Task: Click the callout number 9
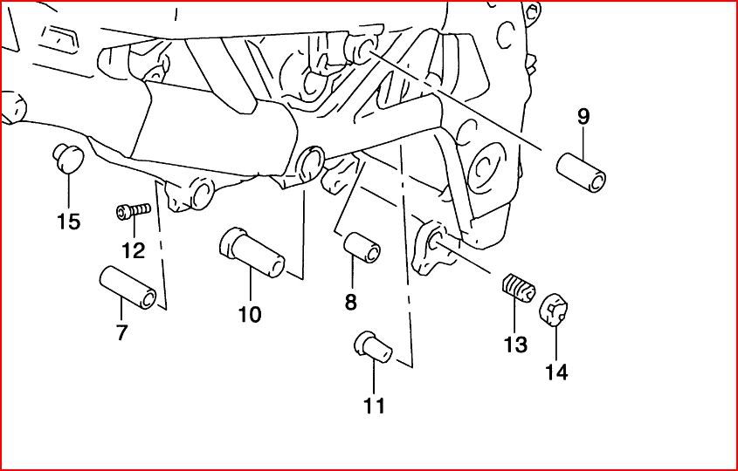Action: pyautogui.click(x=583, y=115)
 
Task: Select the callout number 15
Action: pyautogui.click(x=69, y=222)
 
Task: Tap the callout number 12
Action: pyautogui.click(x=133, y=251)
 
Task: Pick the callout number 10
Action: pyautogui.click(x=250, y=314)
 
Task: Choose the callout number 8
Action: pyautogui.click(x=350, y=303)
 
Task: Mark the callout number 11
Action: pyautogui.click(x=375, y=405)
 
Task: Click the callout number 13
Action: pyautogui.click(x=515, y=345)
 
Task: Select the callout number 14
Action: pyautogui.click(x=556, y=372)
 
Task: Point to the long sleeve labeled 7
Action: pyautogui.click(x=129, y=286)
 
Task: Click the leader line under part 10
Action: pyautogui.click(x=250, y=287)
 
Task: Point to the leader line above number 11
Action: pyautogui.click(x=375, y=375)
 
